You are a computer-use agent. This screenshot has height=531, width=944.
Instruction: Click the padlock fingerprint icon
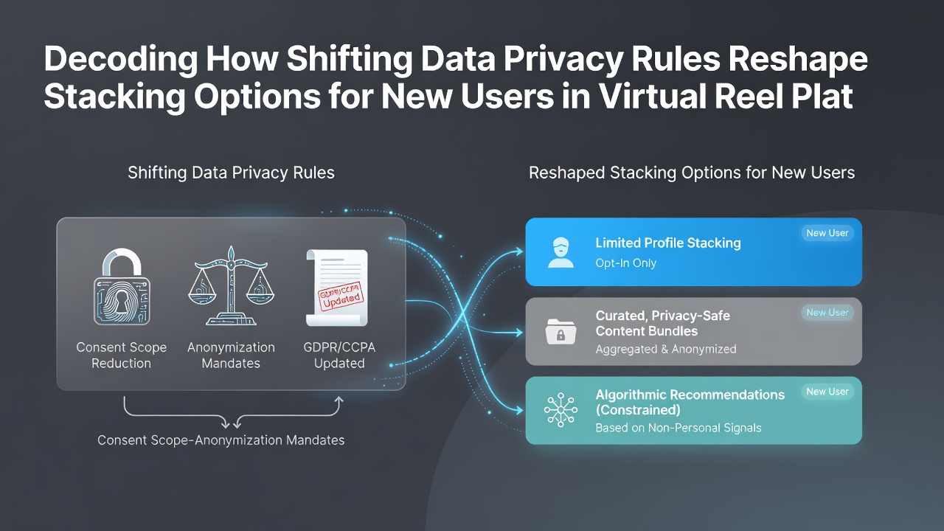pyautogui.click(x=122, y=287)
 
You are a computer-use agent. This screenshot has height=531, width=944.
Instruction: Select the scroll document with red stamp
pyautogui.click(x=337, y=288)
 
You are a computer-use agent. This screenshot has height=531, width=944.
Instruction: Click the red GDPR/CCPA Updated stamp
pyautogui.click(x=341, y=296)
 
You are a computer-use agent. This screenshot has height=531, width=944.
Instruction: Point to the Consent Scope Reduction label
pyautogui.click(x=122, y=355)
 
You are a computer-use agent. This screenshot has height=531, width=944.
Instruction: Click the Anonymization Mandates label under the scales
pyautogui.click(x=231, y=355)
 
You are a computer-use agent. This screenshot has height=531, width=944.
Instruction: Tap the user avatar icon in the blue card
pyautogui.click(x=560, y=252)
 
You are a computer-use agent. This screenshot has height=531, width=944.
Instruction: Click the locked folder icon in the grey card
pyautogui.click(x=560, y=332)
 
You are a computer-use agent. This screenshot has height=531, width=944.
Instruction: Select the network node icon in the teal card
pyautogui.click(x=560, y=410)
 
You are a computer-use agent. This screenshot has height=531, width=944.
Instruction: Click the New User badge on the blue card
pyautogui.click(x=827, y=233)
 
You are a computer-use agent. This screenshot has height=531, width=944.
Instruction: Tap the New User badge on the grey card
pyautogui.click(x=827, y=312)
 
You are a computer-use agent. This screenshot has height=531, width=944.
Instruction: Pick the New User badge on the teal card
pyautogui.click(x=827, y=392)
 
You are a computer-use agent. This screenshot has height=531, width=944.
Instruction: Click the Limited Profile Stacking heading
pyautogui.click(x=668, y=243)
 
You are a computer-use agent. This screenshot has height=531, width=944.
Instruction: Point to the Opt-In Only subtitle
pyautogui.click(x=626, y=263)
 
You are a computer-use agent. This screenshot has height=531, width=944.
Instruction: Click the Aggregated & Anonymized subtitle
pyautogui.click(x=666, y=349)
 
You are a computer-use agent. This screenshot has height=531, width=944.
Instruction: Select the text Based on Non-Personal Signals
pyautogui.click(x=678, y=428)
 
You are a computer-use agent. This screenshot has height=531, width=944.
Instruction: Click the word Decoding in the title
pyautogui.click(x=120, y=60)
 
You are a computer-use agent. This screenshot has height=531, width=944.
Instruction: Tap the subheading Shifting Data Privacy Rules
pyautogui.click(x=231, y=173)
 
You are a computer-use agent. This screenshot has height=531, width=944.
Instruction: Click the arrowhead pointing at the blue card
pyautogui.click(x=518, y=251)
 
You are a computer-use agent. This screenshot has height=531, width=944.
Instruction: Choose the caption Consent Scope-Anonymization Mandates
pyautogui.click(x=221, y=440)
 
